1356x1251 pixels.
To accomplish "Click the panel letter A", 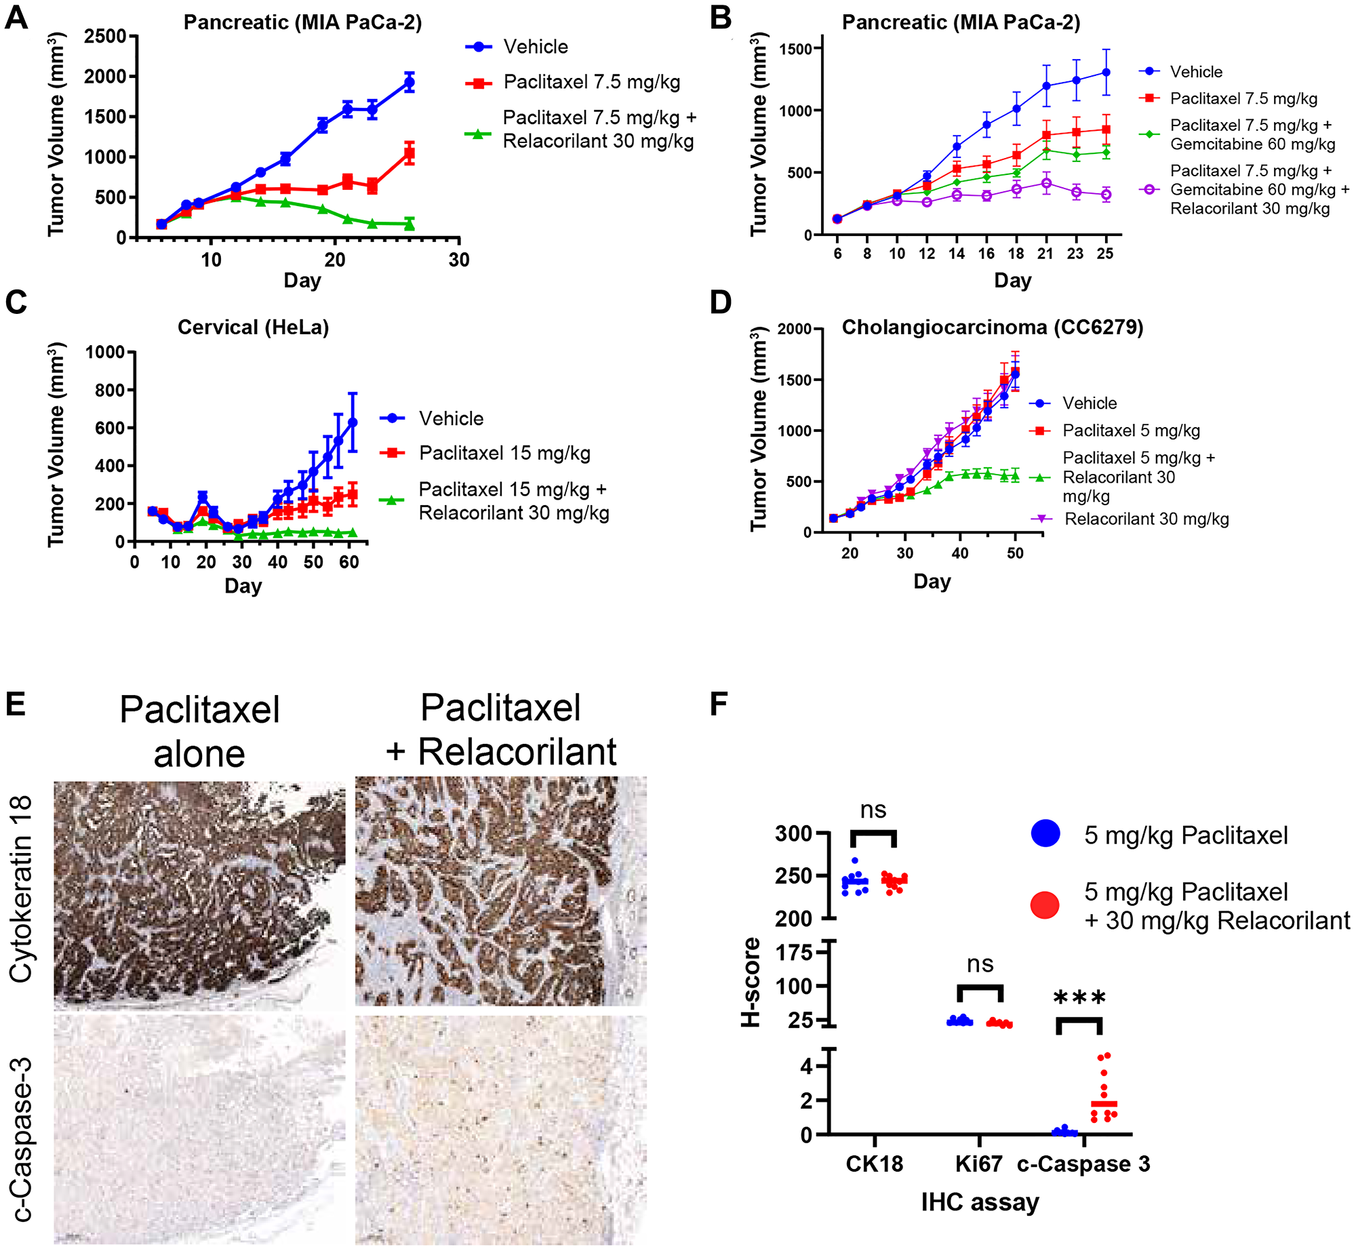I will (x=16, y=18).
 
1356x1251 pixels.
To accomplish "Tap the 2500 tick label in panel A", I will (x=105, y=36).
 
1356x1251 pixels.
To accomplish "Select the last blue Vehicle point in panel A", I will (x=409, y=82).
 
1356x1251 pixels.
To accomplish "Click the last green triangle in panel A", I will (x=409, y=224).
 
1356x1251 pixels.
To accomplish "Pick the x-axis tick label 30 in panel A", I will (x=459, y=260).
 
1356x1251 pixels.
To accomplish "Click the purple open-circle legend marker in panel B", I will (x=1149, y=190).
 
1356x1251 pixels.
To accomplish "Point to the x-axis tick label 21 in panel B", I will (x=1045, y=254).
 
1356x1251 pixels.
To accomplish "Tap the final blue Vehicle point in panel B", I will (x=1106, y=72).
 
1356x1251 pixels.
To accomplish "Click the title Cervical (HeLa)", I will (x=253, y=327).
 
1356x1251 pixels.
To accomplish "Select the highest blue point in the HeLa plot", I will (x=353, y=422).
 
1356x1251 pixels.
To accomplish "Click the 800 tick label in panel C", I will (x=105, y=390).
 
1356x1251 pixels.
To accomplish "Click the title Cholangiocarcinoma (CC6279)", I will (x=992, y=327).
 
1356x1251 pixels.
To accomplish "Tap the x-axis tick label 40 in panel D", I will (x=959, y=553).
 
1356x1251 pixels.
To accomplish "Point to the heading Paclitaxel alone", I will (x=199, y=732).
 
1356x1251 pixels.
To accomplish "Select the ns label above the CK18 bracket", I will (x=873, y=810).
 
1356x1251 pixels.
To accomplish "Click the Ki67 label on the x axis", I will (x=978, y=1164).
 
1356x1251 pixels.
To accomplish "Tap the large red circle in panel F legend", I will (x=1045, y=906).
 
